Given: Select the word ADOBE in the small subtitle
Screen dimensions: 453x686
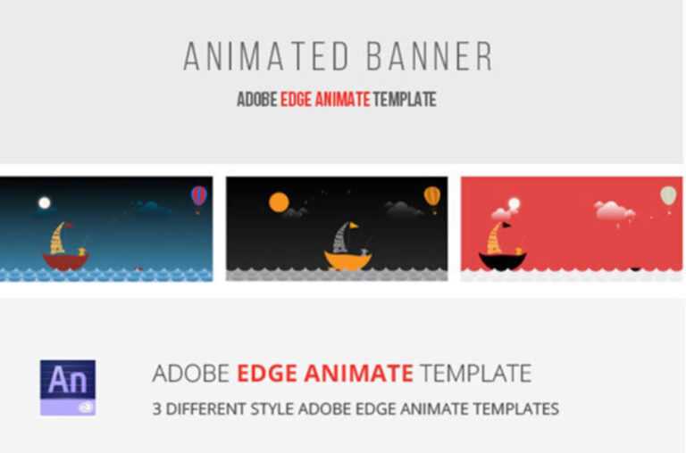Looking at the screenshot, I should coord(256,100).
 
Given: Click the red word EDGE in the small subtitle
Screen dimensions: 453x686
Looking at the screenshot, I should coord(297,100).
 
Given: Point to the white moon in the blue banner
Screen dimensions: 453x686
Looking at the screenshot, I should coord(45,202).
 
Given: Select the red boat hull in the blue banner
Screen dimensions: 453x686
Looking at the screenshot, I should coord(65,261).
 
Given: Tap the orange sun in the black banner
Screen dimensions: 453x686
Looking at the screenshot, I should coord(279,202).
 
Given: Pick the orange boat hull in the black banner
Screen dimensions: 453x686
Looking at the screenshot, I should coord(347,261).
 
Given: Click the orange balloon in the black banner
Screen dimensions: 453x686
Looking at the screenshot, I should coord(431,194).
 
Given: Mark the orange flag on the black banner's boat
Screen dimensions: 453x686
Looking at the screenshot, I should coord(353,226).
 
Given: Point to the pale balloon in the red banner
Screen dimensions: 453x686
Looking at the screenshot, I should coord(667,194).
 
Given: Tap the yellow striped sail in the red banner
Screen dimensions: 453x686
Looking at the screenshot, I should coord(494,238).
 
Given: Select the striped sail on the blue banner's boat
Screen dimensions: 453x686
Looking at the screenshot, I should coord(58,238).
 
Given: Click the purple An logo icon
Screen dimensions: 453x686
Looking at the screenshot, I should coord(68,387).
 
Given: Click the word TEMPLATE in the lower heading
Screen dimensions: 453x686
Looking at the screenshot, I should coord(475,373).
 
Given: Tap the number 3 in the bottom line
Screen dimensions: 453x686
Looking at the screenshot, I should coord(156,409).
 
